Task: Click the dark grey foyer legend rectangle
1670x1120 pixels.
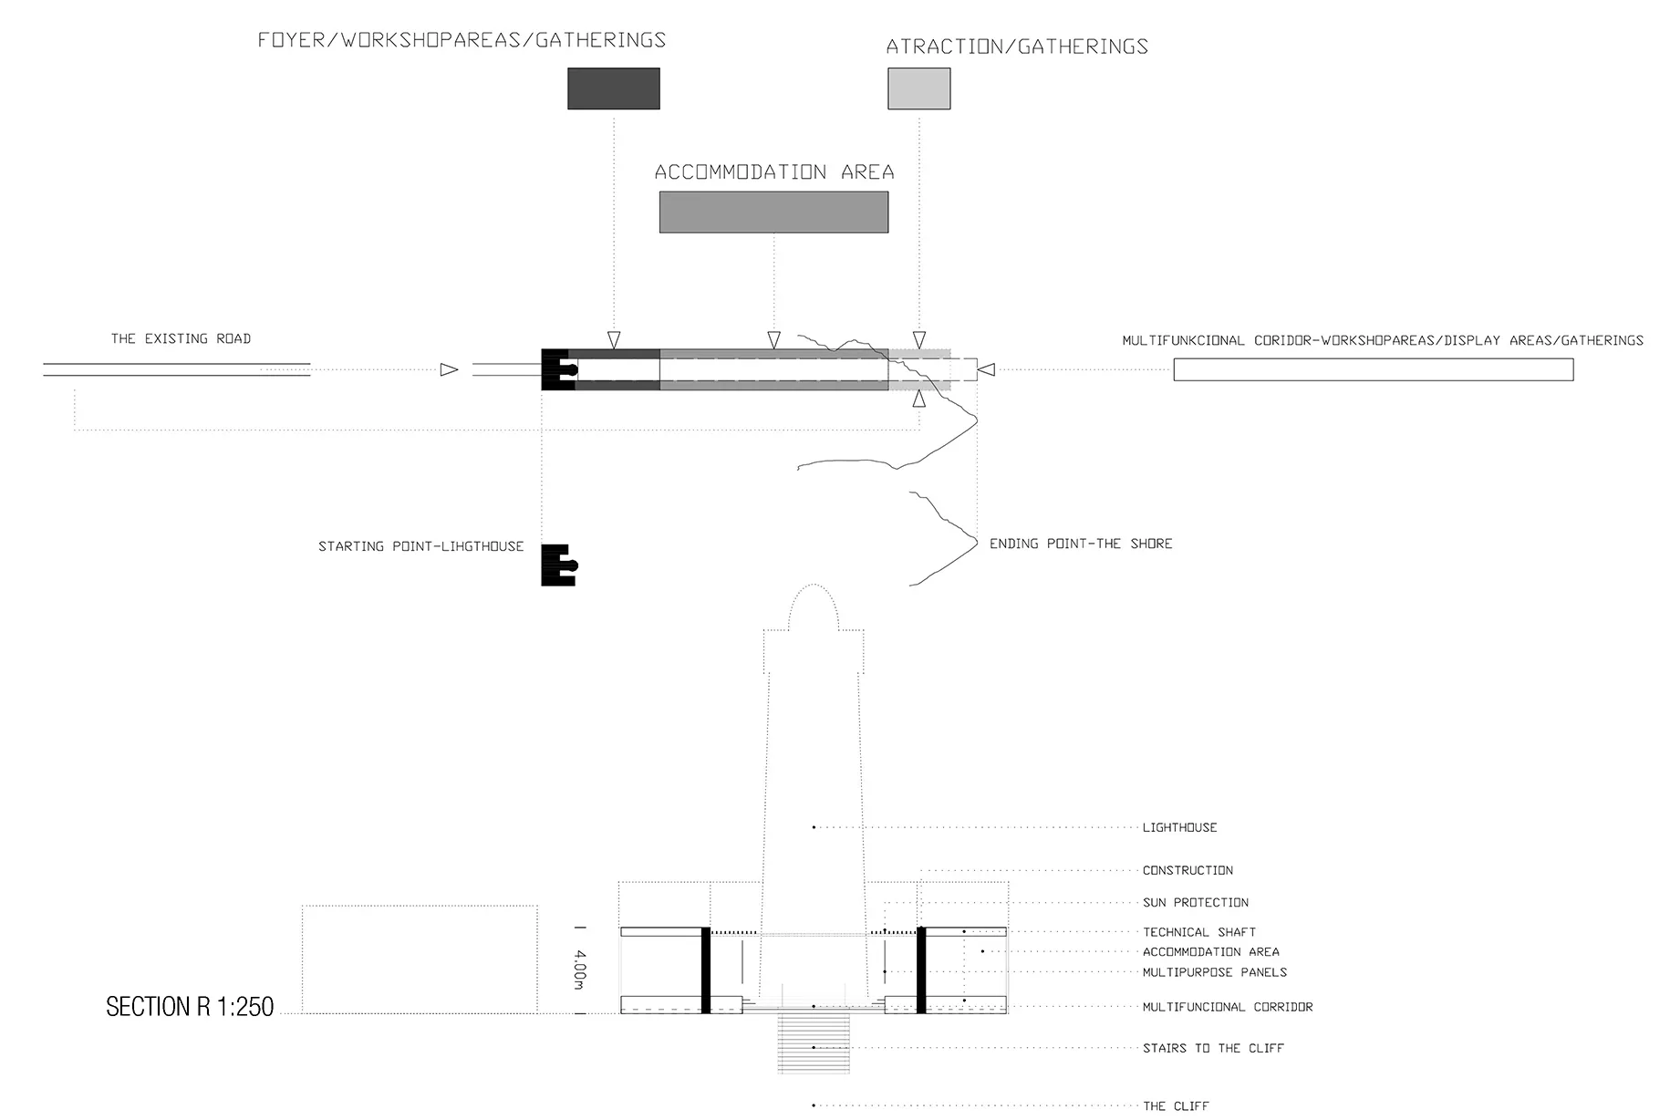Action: click(613, 88)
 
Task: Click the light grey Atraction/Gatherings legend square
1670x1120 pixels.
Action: click(918, 88)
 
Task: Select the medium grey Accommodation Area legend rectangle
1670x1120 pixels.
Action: click(773, 212)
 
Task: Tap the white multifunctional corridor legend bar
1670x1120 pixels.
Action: click(1373, 369)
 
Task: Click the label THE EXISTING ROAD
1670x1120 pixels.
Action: click(181, 338)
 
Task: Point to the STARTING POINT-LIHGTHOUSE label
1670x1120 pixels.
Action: click(420, 546)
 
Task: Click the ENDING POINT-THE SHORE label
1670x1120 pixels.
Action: click(1081, 544)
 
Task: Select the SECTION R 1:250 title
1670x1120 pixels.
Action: click(190, 1006)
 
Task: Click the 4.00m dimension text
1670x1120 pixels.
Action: click(580, 970)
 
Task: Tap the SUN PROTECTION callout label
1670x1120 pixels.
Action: click(1196, 902)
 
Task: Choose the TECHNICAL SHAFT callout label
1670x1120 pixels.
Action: click(1199, 932)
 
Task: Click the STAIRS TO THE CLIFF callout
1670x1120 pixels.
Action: click(1213, 1048)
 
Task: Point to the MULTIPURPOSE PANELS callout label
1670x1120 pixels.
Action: click(1215, 972)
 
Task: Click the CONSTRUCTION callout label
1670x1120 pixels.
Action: click(1188, 870)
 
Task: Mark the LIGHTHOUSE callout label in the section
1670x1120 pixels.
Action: click(1180, 827)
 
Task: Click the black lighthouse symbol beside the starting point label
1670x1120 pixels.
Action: click(559, 565)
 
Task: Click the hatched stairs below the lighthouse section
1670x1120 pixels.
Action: click(814, 1042)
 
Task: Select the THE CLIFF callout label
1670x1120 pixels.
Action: click(1176, 1105)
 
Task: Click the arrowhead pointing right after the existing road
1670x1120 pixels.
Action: click(449, 369)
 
